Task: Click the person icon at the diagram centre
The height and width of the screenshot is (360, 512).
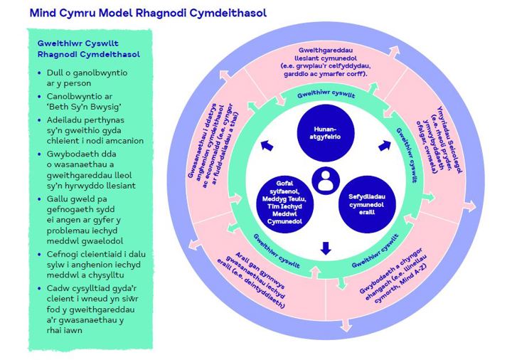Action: point(326,180)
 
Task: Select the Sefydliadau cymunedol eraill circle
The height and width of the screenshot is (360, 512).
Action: point(364,204)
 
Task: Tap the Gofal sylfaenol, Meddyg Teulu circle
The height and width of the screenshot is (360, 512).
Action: point(285,203)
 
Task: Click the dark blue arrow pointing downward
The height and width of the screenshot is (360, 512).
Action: point(326,248)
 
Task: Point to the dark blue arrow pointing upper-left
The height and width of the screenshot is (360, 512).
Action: point(266,146)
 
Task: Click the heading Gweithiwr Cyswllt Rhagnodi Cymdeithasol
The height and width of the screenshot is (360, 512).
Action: point(88,48)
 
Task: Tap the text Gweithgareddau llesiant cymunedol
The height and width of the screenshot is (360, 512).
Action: point(326,62)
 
